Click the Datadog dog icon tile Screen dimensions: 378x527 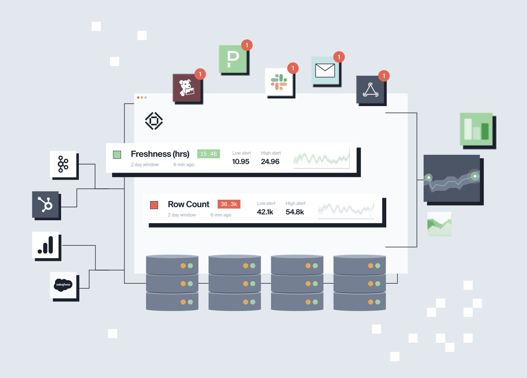(187, 88)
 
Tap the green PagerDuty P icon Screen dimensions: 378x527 (233, 59)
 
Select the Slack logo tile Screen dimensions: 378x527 (279, 82)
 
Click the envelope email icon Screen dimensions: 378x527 (325, 71)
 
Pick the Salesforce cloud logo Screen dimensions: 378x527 (63, 285)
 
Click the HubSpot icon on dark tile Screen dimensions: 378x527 (45, 205)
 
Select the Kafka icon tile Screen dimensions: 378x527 (63, 164)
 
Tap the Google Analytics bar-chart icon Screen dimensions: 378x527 (45, 245)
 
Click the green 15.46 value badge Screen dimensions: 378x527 (209, 154)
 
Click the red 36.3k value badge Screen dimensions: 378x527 (229, 204)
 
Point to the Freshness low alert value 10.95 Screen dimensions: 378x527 (241, 162)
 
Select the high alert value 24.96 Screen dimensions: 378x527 (270, 162)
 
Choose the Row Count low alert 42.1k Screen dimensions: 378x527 (265, 212)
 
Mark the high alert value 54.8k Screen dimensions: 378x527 (295, 212)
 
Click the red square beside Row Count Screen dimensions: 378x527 (154, 205)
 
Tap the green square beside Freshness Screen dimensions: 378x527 (117, 154)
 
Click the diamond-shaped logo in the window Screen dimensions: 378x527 (154, 121)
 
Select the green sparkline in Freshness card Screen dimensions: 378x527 (321, 158)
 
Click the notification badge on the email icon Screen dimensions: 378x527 (339, 57)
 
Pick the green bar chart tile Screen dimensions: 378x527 (476, 129)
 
